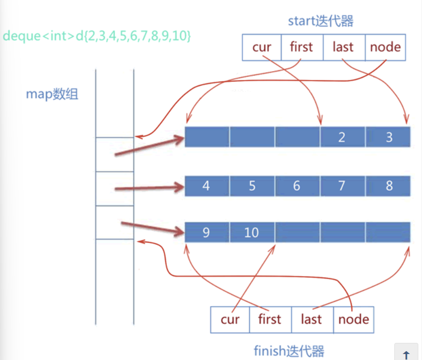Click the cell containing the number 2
(x=342, y=137)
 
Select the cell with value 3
(x=388, y=137)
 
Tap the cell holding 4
(x=207, y=186)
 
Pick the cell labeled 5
(x=252, y=186)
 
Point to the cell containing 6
(x=297, y=186)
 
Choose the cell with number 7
(x=342, y=186)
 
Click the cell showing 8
(x=388, y=186)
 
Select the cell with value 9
(x=207, y=232)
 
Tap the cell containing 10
(x=252, y=232)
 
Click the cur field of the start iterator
(x=262, y=48)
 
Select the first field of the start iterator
(x=302, y=48)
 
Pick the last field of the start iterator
(x=344, y=48)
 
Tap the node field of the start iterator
(x=386, y=48)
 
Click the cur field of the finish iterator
(x=230, y=319)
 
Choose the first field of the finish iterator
(x=270, y=319)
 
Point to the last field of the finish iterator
(x=312, y=319)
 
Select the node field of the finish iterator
(x=354, y=319)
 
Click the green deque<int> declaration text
(x=97, y=36)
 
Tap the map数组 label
(x=52, y=94)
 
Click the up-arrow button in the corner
(x=406, y=353)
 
